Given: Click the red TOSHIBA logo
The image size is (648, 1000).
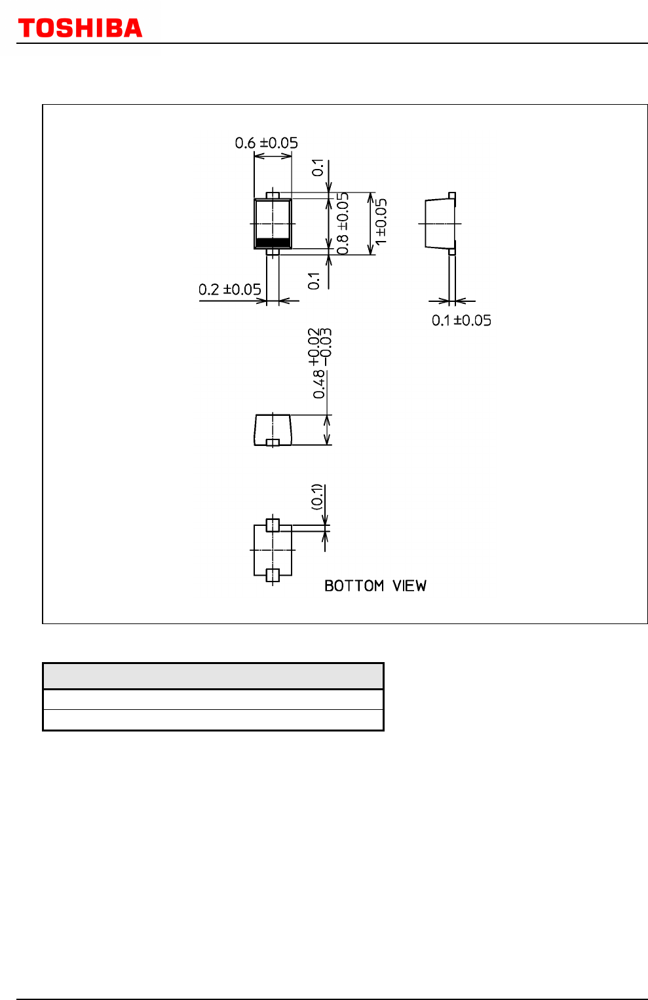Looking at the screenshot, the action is tap(80, 28).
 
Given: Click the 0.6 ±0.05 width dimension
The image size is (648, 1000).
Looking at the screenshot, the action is tap(266, 143).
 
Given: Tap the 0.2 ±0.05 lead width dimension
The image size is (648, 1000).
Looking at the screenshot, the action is tap(229, 289).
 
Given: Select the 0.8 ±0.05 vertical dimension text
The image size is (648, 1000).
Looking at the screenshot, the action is tap(342, 224).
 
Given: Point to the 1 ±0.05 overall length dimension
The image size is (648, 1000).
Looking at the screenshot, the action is tap(381, 222).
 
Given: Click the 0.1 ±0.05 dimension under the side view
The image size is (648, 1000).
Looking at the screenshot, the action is tap(461, 320).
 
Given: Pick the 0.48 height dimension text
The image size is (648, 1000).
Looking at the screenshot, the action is tap(319, 363).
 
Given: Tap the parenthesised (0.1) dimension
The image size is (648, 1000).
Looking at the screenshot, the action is tap(316, 496).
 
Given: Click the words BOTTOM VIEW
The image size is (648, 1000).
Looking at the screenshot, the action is tap(375, 585).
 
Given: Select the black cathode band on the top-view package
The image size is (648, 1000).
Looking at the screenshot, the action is tap(273, 243).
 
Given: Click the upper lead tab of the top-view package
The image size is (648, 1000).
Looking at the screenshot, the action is tap(273, 196).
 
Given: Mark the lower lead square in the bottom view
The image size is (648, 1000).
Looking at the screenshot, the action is tap(273, 576).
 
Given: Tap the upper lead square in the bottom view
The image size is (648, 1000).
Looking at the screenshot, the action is tap(273, 525).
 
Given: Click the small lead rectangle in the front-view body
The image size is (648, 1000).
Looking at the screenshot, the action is tap(273, 443).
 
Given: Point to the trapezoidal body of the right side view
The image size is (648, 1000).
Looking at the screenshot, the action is tap(440, 223).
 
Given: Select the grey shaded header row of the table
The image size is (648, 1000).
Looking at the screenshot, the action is tap(213, 676).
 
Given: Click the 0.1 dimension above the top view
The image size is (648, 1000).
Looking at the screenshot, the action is tap(318, 168).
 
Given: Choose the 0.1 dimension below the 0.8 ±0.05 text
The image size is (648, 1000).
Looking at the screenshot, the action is tap(314, 281).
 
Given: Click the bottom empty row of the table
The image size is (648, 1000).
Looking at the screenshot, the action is tap(213, 720).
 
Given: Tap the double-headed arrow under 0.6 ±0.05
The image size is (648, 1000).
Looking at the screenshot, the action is tap(273, 156).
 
